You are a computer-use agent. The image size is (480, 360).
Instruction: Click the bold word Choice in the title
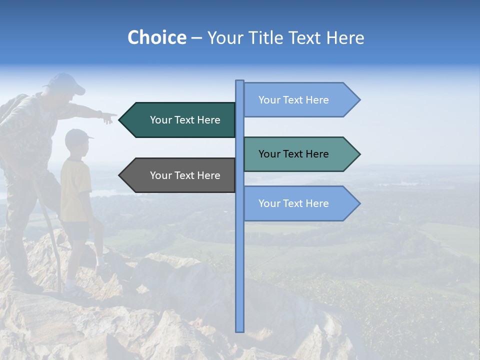(156, 37)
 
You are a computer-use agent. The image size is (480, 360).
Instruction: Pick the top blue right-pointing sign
(300, 100)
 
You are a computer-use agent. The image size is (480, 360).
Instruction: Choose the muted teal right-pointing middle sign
(300, 154)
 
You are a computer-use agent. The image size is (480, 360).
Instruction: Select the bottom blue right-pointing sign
(300, 203)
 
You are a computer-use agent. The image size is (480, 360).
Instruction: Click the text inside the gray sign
(185, 175)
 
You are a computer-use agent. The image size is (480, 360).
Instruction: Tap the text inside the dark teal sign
(185, 120)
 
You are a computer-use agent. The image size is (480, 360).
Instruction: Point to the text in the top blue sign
(293, 100)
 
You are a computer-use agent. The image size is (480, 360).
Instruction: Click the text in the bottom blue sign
(293, 203)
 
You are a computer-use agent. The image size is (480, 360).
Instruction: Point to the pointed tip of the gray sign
(120, 175)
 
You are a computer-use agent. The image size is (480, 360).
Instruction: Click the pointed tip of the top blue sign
(359, 100)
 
